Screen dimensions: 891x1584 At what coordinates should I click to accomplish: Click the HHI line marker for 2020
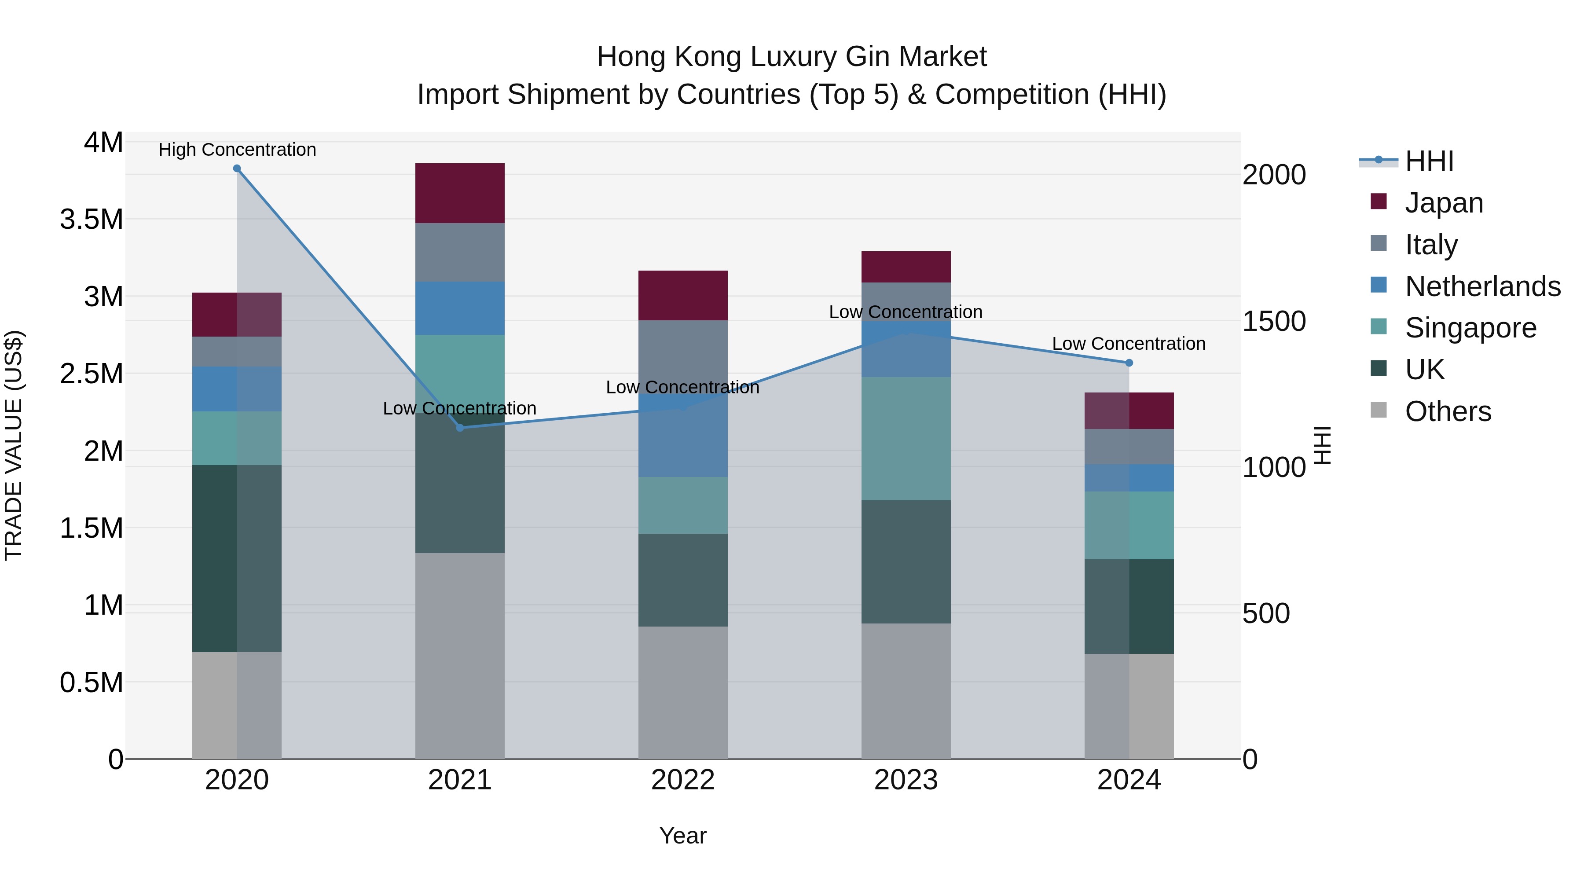pos(237,169)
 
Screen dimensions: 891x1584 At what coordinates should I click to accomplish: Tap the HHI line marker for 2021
pos(460,427)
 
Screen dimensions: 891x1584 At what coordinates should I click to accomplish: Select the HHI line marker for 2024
pos(1129,363)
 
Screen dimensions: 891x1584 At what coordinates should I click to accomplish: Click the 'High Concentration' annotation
pos(237,150)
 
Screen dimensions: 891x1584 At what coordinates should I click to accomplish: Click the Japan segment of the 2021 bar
pos(460,193)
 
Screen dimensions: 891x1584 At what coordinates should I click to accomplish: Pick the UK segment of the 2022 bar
pos(682,580)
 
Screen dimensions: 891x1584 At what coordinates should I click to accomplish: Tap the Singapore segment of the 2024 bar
pos(1129,525)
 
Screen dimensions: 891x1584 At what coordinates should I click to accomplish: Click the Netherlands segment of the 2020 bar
pos(237,389)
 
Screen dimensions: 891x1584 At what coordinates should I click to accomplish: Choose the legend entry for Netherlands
pos(1482,286)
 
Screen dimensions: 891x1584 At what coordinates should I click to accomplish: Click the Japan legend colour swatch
pos(1379,202)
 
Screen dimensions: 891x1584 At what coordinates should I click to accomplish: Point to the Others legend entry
pos(1448,411)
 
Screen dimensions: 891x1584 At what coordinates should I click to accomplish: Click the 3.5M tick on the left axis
pos(91,220)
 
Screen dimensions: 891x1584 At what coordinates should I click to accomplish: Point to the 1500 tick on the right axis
pos(1273,321)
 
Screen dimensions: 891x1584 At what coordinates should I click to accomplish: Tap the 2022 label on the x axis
pos(682,780)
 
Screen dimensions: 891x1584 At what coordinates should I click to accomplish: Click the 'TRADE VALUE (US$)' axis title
pos(14,445)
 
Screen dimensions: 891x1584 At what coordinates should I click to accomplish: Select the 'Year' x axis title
pos(682,836)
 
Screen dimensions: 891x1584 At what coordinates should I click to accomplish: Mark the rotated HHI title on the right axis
pos(1322,445)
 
